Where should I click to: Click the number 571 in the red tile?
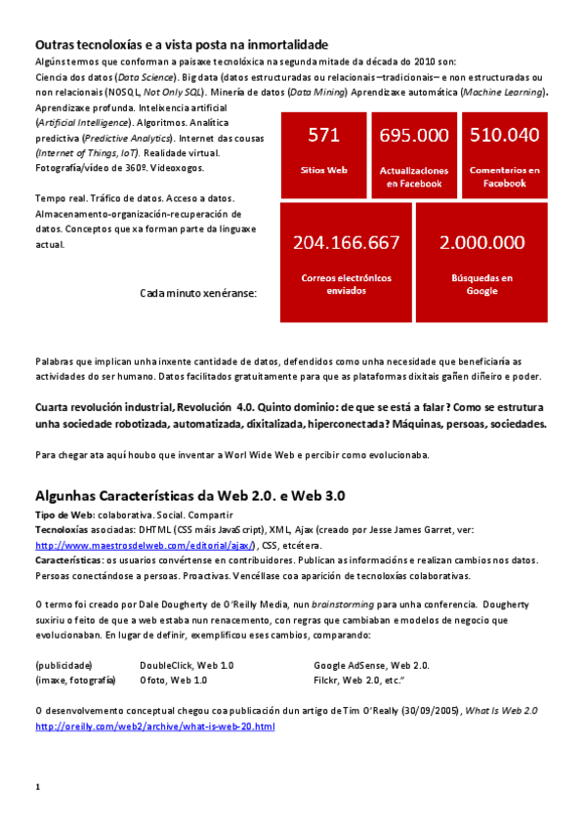click(x=323, y=135)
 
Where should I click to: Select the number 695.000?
click(x=414, y=136)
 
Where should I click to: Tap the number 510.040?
click(x=504, y=135)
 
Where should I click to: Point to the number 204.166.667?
click(x=346, y=242)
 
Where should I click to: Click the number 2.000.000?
click(x=481, y=242)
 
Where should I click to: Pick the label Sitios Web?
click(x=323, y=170)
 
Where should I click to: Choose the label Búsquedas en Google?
click(x=481, y=284)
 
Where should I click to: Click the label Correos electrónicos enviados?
click(x=346, y=284)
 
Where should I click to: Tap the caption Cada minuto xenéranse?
click(x=198, y=292)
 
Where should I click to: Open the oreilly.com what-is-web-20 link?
click(x=155, y=726)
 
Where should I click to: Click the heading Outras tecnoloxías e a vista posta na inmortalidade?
click(x=181, y=45)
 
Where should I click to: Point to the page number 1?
click(x=37, y=787)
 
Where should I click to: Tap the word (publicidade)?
click(x=63, y=665)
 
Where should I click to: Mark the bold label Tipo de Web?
click(x=63, y=515)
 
